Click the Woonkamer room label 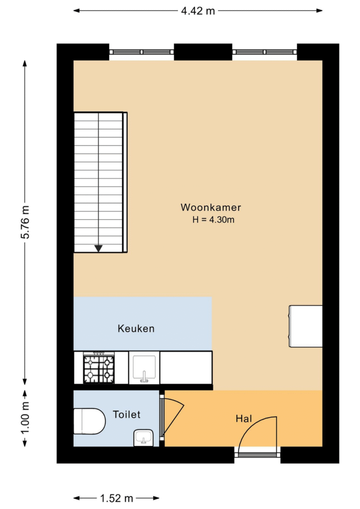click(210, 207)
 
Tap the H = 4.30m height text click(213, 220)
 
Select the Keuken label click(136, 328)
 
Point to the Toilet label click(127, 415)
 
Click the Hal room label click(244, 419)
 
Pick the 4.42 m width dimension click(198, 11)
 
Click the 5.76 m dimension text click(25, 222)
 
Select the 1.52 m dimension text click(116, 498)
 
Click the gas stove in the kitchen click(99, 368)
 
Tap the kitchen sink click(144, 368)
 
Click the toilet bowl click(90, 421)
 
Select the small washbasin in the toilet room click(143, 438)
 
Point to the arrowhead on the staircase click(98, 249)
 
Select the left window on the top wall click(142, 52)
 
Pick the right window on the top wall click(265, 52)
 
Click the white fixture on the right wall click(306, 326)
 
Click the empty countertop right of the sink click(186, 368)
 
